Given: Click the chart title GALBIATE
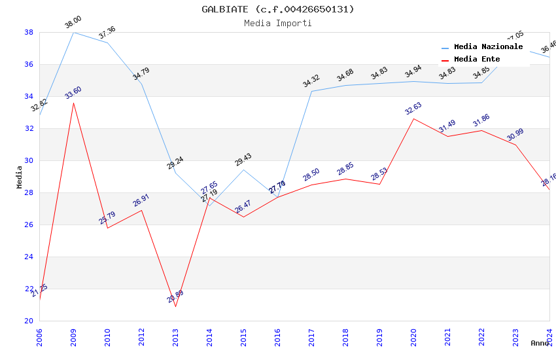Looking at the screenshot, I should point(278,9).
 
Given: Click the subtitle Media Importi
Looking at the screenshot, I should point(278,23).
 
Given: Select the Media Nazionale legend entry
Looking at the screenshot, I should point(488,47).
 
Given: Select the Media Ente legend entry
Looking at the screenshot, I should point(477,59).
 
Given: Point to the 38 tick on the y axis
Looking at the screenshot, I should point(29,32).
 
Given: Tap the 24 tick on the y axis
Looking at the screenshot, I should point(29,257).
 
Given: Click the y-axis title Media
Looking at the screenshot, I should point(19,177).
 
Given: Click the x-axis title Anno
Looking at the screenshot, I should point(540,343).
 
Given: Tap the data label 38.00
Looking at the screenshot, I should point(73,24).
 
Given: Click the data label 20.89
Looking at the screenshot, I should point(175,297).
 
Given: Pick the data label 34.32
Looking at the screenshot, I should point(311,81).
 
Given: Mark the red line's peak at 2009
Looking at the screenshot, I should point(73,103).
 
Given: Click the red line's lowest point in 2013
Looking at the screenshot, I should point(175,306).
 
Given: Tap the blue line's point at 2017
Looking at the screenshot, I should point(311,91).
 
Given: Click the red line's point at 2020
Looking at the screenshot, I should point(413,118).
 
